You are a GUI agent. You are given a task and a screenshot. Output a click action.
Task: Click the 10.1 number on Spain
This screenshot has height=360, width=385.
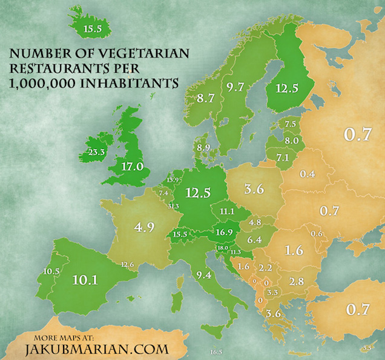tap(85, 280)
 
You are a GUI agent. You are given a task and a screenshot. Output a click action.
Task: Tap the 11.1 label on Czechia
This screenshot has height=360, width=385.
tap(228, 211)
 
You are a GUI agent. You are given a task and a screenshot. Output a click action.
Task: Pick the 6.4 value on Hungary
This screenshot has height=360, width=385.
tap(254, 239)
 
